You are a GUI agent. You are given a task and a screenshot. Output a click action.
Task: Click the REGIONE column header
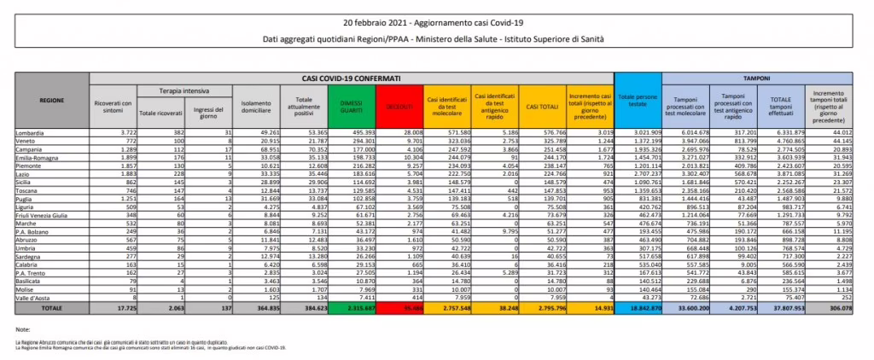[x=51, y=101]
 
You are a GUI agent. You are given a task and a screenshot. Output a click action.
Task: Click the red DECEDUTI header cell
[x=398, y=107]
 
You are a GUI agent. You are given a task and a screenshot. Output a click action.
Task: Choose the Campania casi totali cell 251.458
[x=543, y=148]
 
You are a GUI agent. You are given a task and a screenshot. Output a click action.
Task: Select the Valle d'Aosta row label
[x=35, y=296]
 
